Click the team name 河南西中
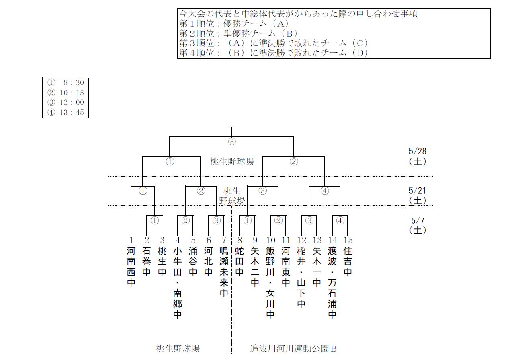pos(131,267)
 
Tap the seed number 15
pos(348,240)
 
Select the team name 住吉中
pos(348,261)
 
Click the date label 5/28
pos(417,152)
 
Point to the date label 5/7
pos(417,221)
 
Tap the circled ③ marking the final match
pos(231,142)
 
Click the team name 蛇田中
pos(240,261)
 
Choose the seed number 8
pos(240,240)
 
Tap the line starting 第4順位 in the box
pos(273,53)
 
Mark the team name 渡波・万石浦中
pos(332,282)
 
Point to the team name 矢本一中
pos(317,267)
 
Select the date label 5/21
pos(417,190)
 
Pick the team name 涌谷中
pos(193,261)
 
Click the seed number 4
pos(178,240)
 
